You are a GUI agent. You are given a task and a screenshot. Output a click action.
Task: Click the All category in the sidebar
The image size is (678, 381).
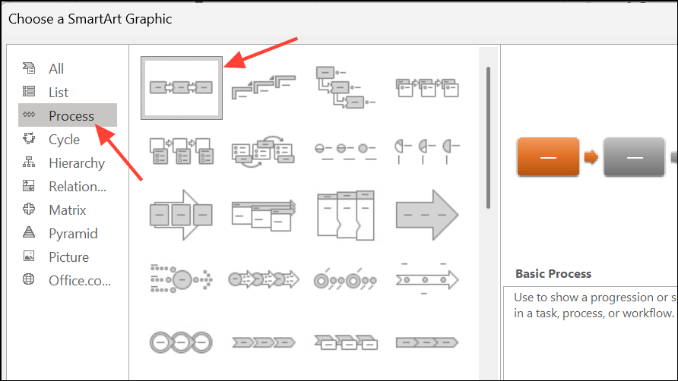point(56,68)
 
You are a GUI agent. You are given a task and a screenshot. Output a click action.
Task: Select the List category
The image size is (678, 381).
point(59,93)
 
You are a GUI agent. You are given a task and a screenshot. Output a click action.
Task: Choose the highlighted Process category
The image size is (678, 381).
point(68,115)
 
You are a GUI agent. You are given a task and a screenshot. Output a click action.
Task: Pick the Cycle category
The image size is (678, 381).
point(64,140)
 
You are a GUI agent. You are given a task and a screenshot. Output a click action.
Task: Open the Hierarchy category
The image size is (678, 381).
point(77,163)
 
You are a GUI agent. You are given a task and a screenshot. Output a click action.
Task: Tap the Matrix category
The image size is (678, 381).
point(68,210)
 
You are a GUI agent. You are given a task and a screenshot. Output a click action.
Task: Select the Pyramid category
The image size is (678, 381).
point(73,234)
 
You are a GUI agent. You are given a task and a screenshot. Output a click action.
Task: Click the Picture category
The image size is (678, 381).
point(68,257)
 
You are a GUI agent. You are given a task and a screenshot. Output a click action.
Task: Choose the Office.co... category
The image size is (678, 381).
point(80,281)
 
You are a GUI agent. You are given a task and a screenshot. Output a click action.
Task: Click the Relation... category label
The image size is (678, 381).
point(78,187)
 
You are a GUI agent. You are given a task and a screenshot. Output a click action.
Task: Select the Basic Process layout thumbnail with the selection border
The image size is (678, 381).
point(182,88)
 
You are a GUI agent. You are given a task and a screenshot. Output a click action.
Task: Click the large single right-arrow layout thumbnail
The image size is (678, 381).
point(426,215)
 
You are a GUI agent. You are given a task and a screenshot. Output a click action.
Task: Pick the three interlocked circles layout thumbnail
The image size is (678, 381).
point(181,342)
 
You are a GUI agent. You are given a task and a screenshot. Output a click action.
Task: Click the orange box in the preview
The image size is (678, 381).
point(548,157)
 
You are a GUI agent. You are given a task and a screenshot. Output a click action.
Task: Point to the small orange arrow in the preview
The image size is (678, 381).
point(591,157)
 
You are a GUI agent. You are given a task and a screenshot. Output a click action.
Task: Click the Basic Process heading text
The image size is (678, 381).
point(553,274)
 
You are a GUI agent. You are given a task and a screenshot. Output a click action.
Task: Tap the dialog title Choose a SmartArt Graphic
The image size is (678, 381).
point(90,19)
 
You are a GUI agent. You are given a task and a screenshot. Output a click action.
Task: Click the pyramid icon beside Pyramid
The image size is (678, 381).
point(29,232)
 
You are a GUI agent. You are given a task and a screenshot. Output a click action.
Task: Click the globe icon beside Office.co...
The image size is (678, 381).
point(29,279)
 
